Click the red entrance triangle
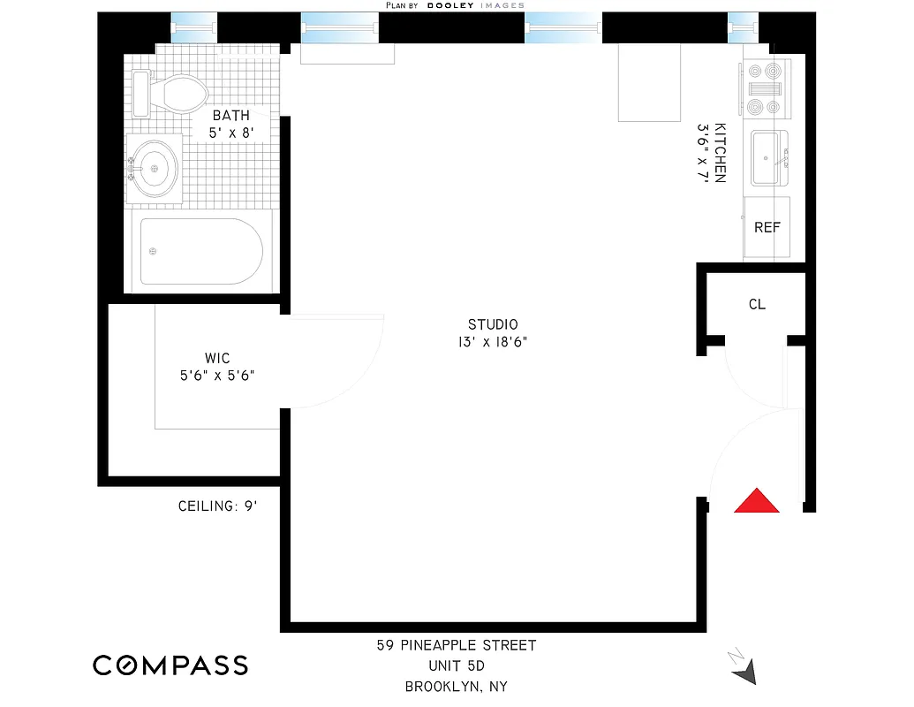[x=757, y=502]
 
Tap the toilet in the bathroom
[x=172, y=94]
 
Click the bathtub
[x=201, y=252]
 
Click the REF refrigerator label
[x=767, y=227]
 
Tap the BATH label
[x=230, y=115]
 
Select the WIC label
[x=217, y=358]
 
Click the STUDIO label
[x=493, y=324]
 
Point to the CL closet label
[x=757, y=304]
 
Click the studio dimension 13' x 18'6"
[x=493, y=342]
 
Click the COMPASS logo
[x=170, y=665]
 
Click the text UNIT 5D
[x=457, y=665]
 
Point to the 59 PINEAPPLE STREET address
[x=457, y=646]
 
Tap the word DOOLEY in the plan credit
[x=451, y=5]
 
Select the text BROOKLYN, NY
[x=457, y=686]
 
